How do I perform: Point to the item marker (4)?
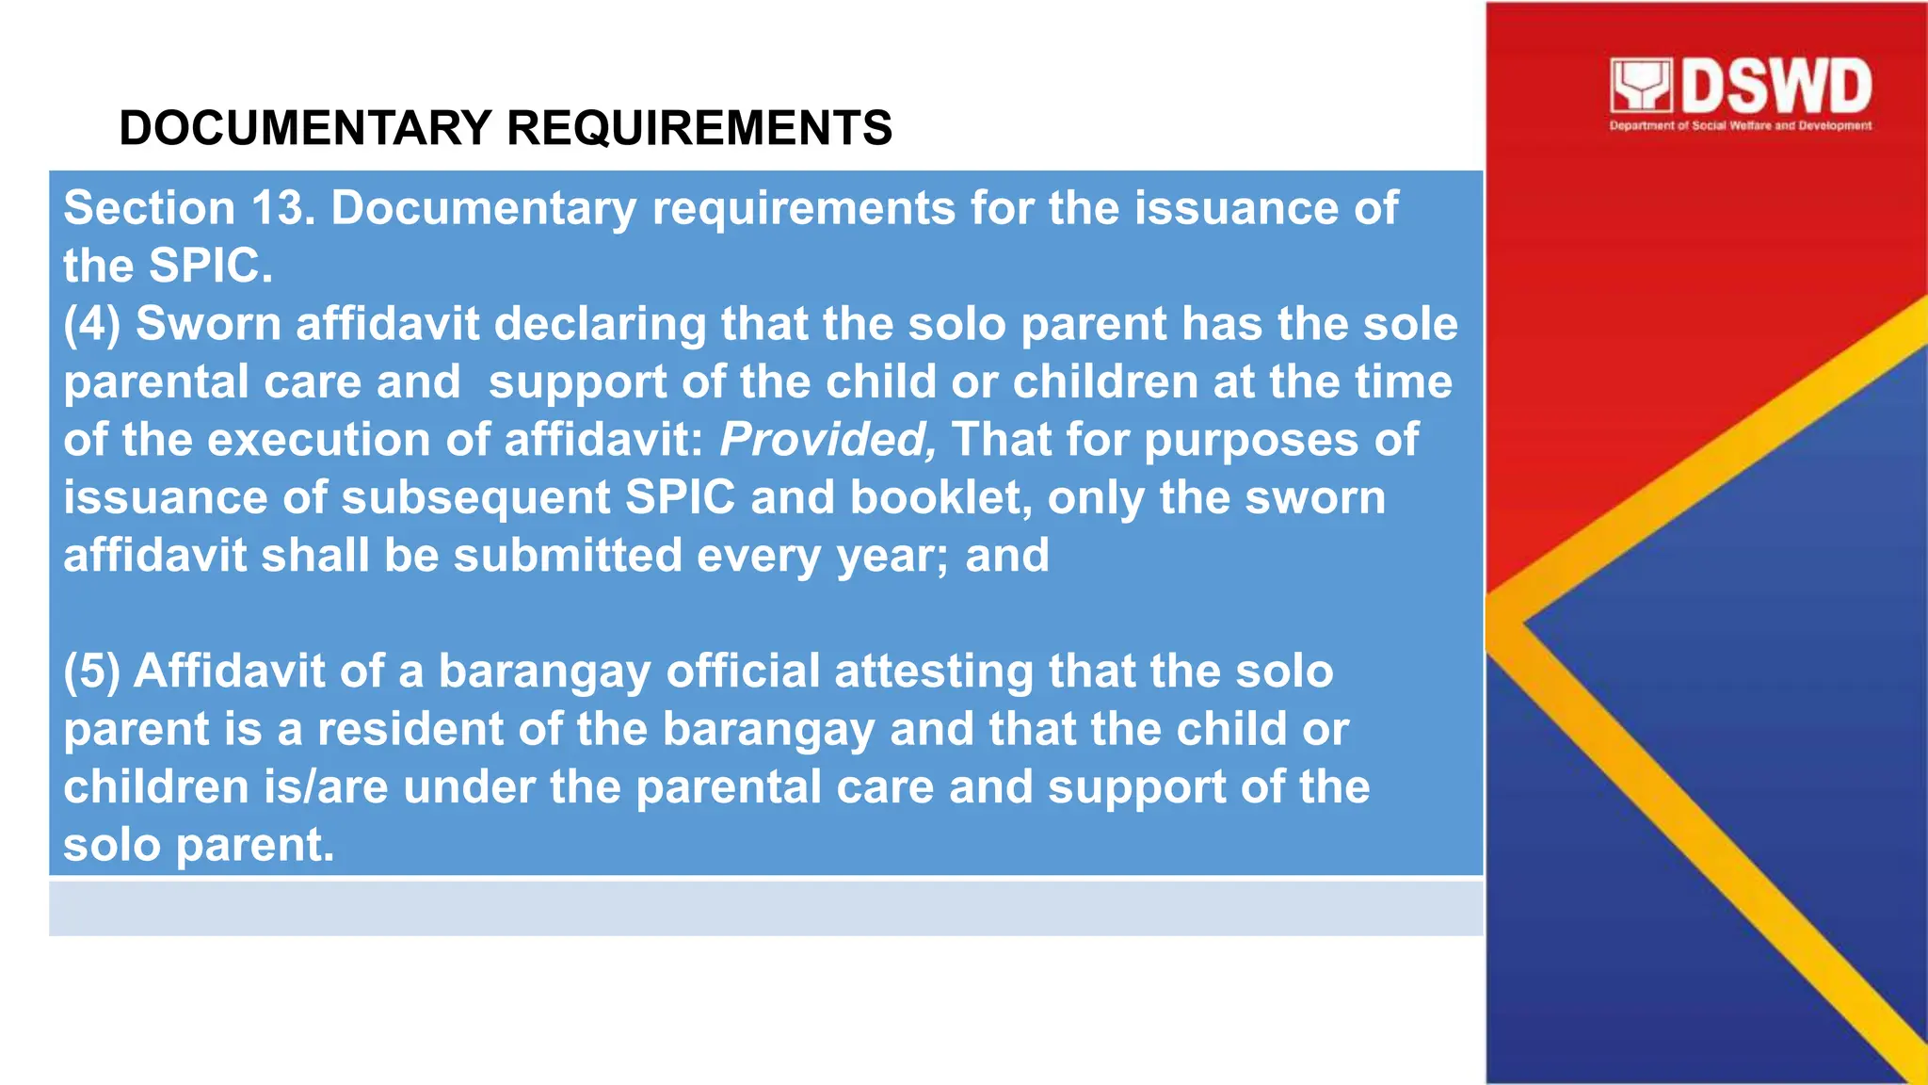tap(91, 325)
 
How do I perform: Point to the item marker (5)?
tap(91, 672)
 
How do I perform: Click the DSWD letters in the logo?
tap(1775, 87)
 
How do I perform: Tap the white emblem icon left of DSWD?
tap(1640, 87)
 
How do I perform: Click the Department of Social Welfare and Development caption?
tap(1740, 125)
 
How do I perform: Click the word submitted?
tap(568, 556)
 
